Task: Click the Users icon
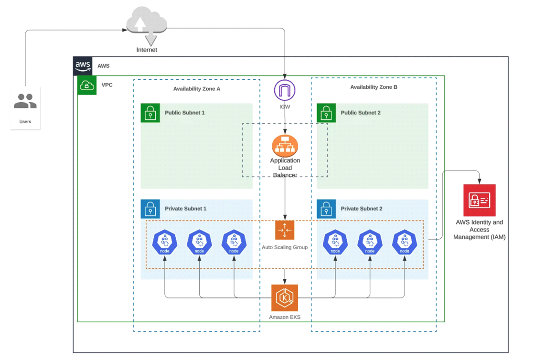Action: pyautogui.click(x=25, y=101)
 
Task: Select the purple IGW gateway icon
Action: pyautogui.click(x=285, y=90)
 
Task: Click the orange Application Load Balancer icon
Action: pyautogui.click(x=285, y=146)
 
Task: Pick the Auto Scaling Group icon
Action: pyautogui.click(x=285, y=230)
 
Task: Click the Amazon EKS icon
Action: pyautogui.click(x=285, y=298)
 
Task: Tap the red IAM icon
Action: pyautogui.click(x=479, y=200)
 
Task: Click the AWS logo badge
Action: pyautogui.click(x=83, y=66)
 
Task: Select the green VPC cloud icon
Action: pyautogui.click(x=87, y=85)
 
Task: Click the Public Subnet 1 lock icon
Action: pyautogui.click(x=150, y=113)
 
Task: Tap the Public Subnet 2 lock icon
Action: pyautogui.click(x=326, y=113)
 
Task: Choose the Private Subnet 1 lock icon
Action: pyautogui.click(x=150, y=209)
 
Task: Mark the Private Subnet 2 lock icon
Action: pyautogui.click(x=326, y=209)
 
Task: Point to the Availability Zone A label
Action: pyautogui.click(x=196, y=89)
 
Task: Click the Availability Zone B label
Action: pyautogui.click(x=373, y=87)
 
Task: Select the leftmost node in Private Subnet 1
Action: pyautogui.click(x=165, y=242)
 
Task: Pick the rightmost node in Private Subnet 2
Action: pyautogui.click(x=405, y=242)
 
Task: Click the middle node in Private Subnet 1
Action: pyautogui.click(x=199, y=242)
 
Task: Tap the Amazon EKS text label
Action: pyautogui.click(x=285, y=317)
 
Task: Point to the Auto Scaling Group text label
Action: pyautogui.click(x=285, y=247)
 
